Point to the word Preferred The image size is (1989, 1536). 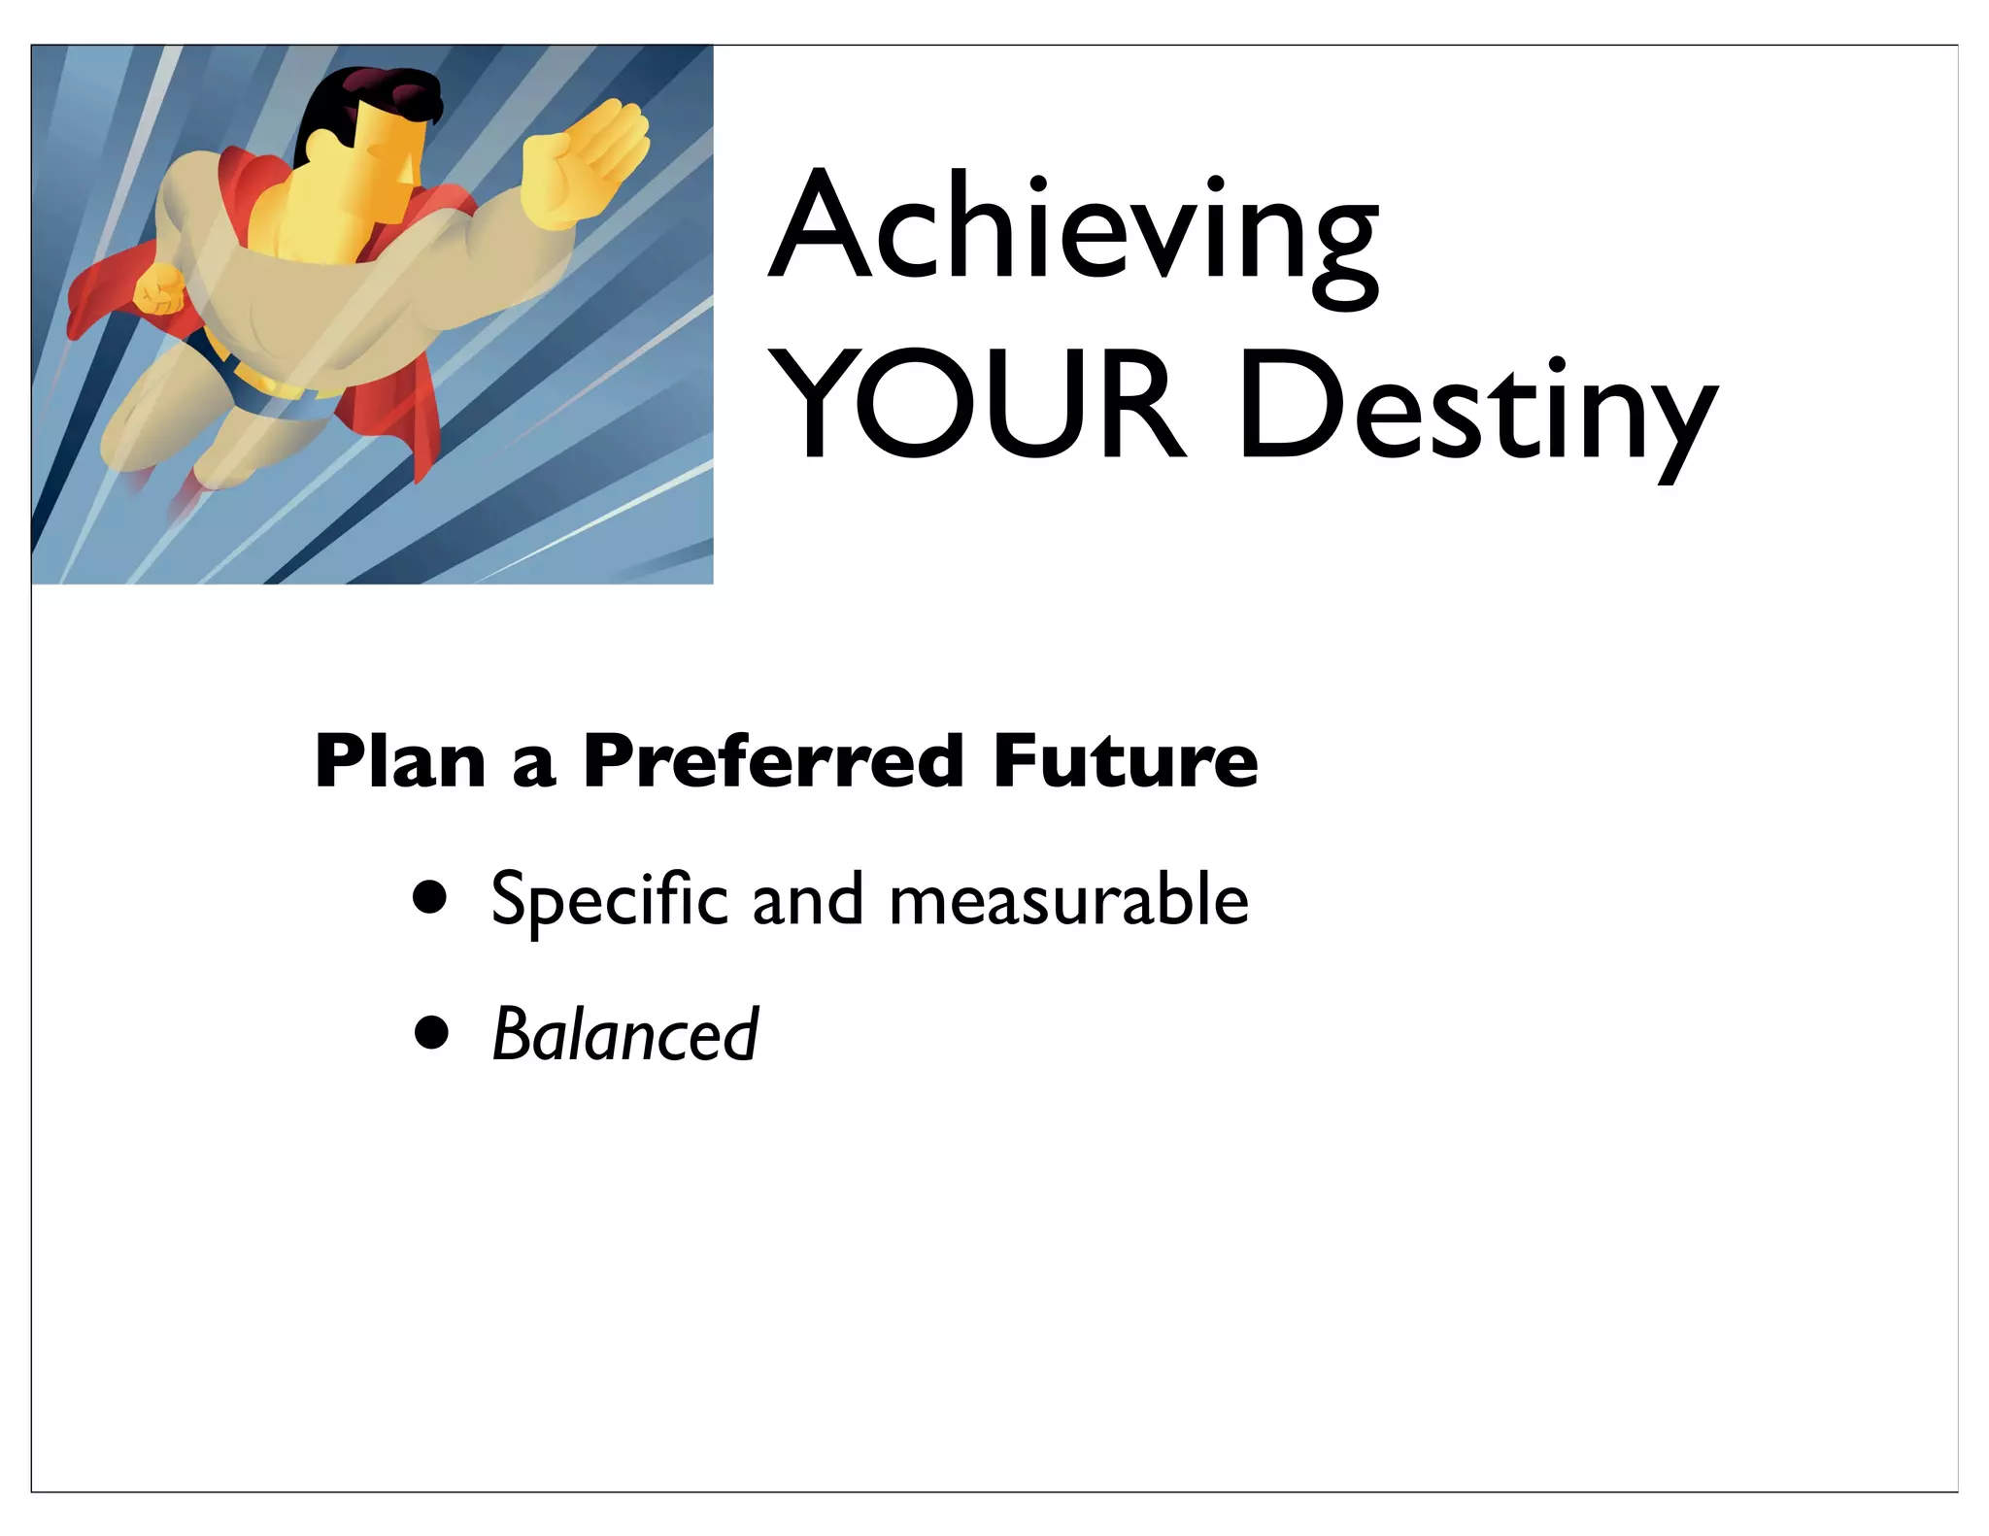[774, 762]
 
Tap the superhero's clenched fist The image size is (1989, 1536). [158, 289]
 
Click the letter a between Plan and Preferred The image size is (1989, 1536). [533, 765]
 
